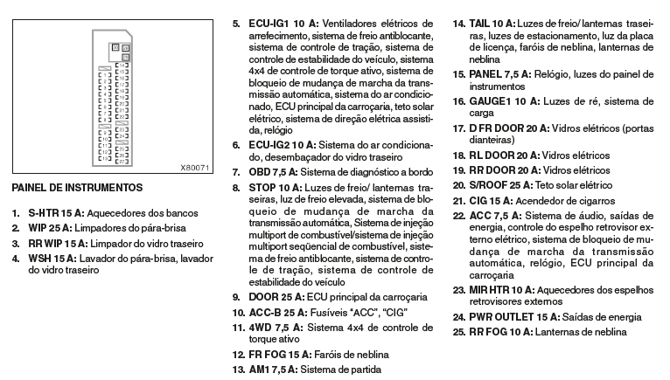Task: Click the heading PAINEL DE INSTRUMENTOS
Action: (77, 187)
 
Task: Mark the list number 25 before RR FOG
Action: (457, 332)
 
